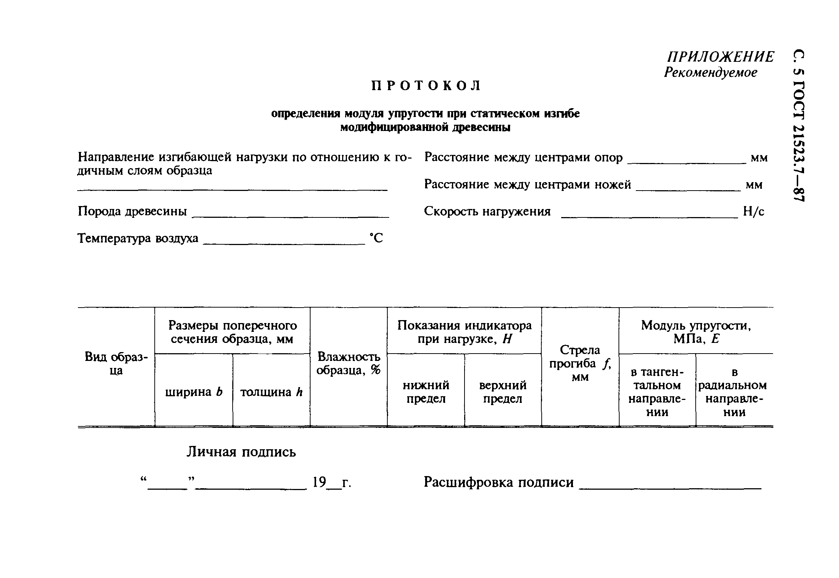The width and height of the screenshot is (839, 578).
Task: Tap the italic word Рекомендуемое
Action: coord(710,72)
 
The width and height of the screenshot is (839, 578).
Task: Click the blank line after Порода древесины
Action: coord(291,216)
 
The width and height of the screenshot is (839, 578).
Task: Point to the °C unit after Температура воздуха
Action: coord(376,238)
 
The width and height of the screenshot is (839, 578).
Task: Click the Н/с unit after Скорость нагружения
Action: coord(753,212)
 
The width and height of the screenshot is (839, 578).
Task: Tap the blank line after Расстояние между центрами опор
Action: coord(686,162)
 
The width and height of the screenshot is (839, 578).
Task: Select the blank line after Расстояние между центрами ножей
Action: coord(688,189)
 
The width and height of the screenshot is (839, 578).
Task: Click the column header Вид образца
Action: coord(116,364)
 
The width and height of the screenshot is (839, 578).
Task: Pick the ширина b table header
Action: coord(194,392)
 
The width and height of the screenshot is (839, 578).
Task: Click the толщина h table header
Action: coord(271,392)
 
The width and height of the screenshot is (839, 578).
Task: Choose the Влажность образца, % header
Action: coord(348,364)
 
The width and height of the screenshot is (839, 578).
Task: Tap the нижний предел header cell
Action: coord(426,392)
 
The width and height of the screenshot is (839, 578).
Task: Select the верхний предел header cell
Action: coord(503,392)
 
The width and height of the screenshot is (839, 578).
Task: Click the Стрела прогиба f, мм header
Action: coord(580,364)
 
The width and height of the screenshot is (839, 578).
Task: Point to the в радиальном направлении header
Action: coord(734,392)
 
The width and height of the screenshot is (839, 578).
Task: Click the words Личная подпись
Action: coord(241,452)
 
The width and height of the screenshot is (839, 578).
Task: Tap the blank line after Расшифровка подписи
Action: coord(670,487)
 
